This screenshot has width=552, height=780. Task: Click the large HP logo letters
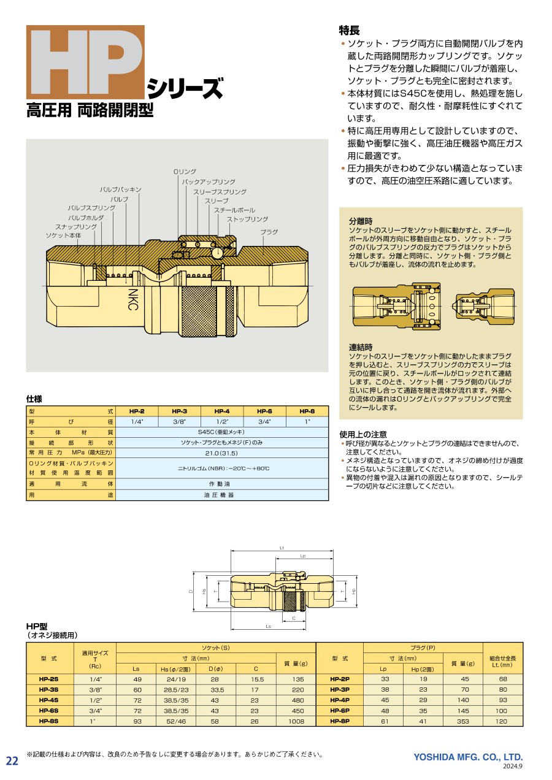pyautogui.click(x=85, y=62)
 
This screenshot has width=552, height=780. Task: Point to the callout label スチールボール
pyautogui.click(x=234, y=210)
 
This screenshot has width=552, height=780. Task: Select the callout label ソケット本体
pyautogui.click(x=63, y=235)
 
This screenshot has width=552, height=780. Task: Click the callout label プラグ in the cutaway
pyautogui.click(x=269, y=232)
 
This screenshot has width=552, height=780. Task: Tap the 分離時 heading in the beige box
pyautogui.click(x=361, y=221)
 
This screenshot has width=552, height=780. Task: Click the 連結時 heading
pyautogui.click(x=361, y=347)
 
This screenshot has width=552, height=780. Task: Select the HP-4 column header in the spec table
pyautogui.click(x=222, y=411)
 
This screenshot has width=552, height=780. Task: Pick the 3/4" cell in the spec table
pyautogui.click(x=264, y=422)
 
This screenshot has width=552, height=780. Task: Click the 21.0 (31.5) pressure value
pyautogui.click(x=222, y=453)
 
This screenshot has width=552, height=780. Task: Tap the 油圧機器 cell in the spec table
pyautogui.click(x=222, y=495)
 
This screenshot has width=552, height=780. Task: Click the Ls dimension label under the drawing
pyautogui.click(x=269, y=627)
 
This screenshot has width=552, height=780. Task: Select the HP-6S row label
pyautogui.click(x=50, y=711)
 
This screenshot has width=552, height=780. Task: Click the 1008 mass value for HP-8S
pyautogui.click(x=296, y=721)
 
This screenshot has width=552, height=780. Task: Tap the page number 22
pyautogui.click(x=12, y=761)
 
